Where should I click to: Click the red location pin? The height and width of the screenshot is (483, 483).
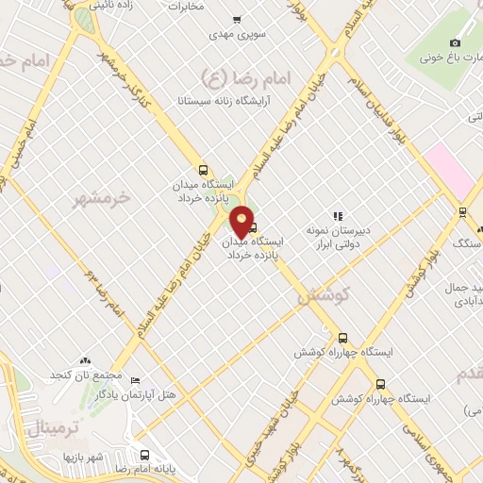243,221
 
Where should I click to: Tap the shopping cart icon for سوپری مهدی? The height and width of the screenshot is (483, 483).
236,20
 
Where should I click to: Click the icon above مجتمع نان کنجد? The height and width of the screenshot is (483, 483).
85,360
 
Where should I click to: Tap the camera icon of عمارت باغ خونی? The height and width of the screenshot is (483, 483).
456,42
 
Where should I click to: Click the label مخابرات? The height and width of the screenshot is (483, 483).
186,6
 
